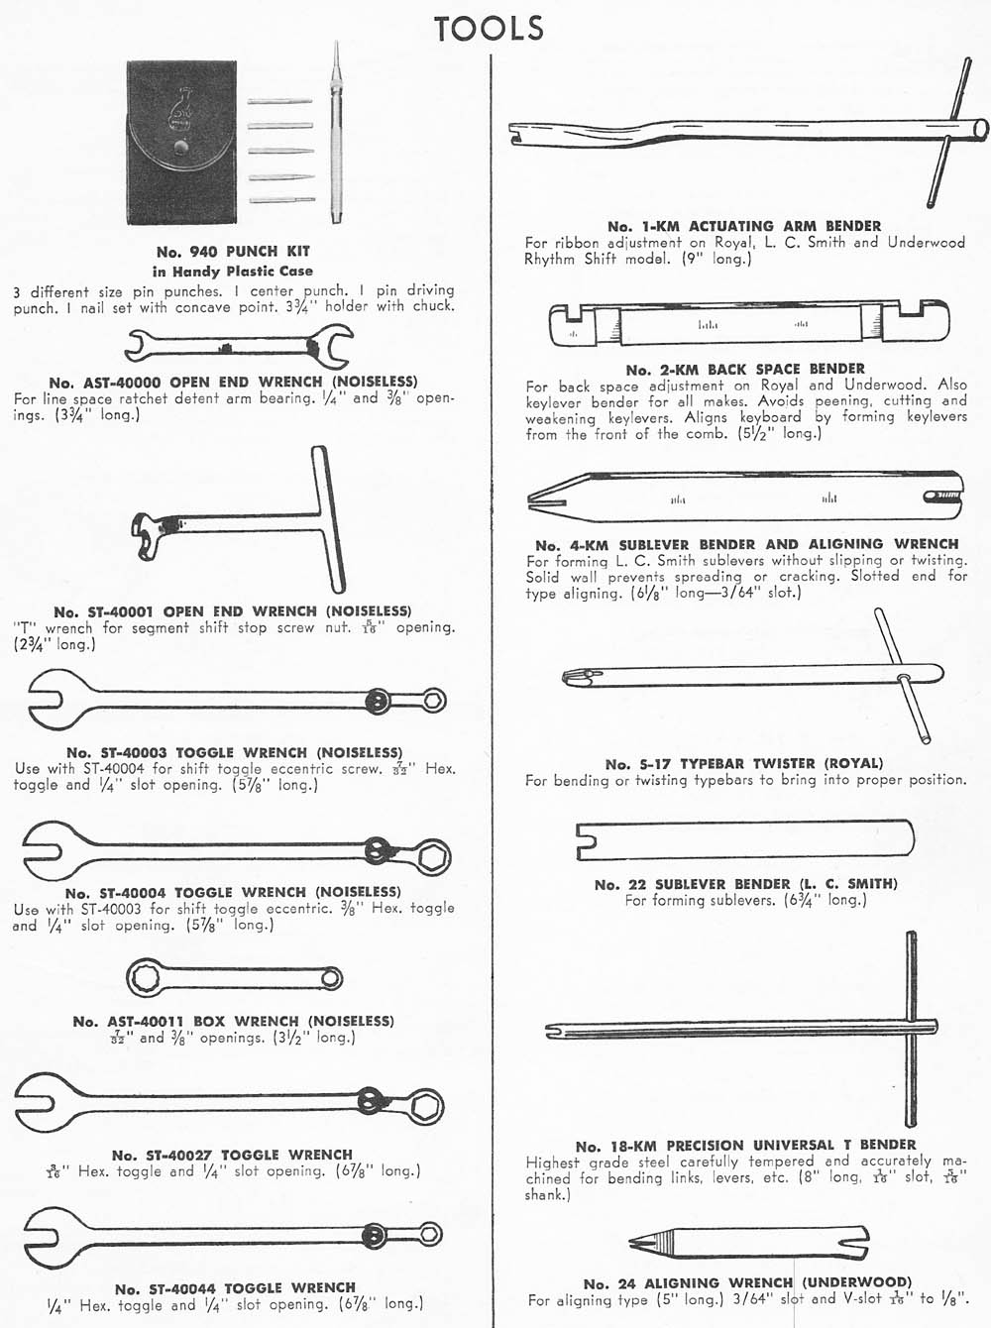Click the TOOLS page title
tap(489, 28)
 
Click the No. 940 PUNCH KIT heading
tap(233, 252)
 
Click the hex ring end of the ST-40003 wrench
tap(433, 701)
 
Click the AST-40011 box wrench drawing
tap(234, 979)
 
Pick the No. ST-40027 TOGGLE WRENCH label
tap(232, 1155)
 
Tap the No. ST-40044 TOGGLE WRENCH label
tap(235, 1288)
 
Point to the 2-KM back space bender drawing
tap(748, 324)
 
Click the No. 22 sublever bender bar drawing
tap(744, 839)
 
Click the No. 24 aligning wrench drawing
tap(748, 1243)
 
